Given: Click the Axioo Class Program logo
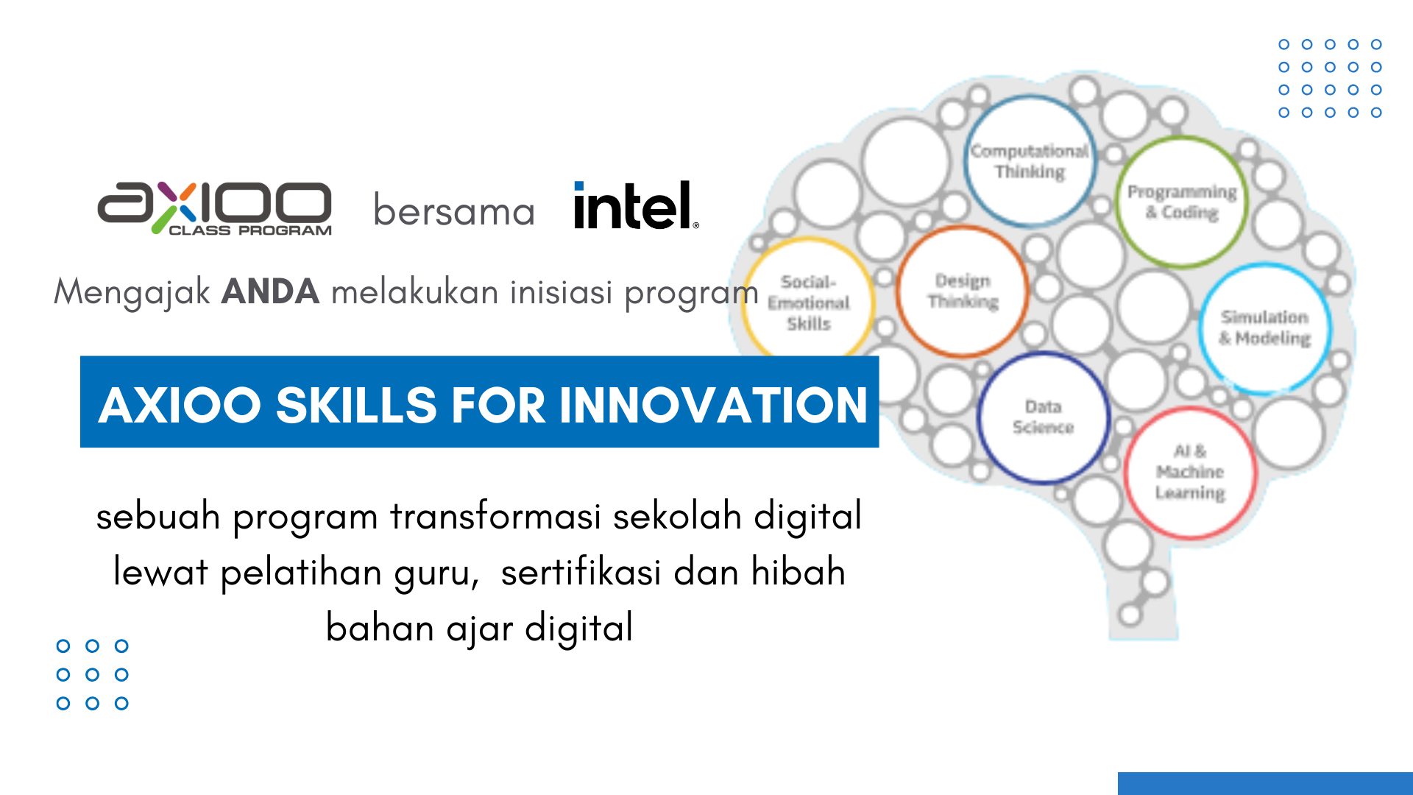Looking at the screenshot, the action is (x=215, y=208).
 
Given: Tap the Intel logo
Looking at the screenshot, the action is (x=636, y=205).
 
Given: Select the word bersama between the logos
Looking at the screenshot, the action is (x=454, y=211).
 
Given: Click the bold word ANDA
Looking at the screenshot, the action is (x=270, y=291).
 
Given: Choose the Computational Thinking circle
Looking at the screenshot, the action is (x=1030, y=161).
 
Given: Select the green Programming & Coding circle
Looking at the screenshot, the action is (x=1182, y=202).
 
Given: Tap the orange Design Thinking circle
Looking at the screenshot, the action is (x=963, y=291).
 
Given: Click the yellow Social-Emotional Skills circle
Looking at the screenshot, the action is (x=808, y=303).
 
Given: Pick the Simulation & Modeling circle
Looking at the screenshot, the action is (x=1265, y=328).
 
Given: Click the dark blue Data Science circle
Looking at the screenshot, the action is (x=1043, y=417).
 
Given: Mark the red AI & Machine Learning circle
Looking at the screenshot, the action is (x=1190, y=473).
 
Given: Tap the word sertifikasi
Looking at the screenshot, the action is (x=581, y=572).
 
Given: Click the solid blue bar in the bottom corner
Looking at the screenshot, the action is (x=1265, y=783).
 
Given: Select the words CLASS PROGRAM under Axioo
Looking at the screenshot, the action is (x=250, y=230).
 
